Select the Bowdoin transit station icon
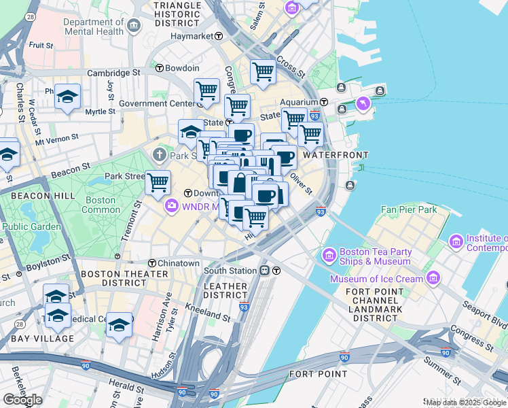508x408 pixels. (x=160, y=68)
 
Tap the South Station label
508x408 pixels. (x=230, y=271)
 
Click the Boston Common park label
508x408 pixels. (x=100, y=205)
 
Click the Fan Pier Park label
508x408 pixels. (x=408, y=209)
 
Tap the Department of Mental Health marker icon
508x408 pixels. (x=134, y=27)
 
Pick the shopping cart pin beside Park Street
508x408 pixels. (x=158, y=182)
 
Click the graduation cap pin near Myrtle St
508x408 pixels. (x=67, y=97)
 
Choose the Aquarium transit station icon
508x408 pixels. (x=324, y=102)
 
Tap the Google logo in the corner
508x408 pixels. (x=22, y=399)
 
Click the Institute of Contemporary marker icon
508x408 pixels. (x=456, y=241)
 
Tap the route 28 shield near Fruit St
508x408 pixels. (x=31, y=16)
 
